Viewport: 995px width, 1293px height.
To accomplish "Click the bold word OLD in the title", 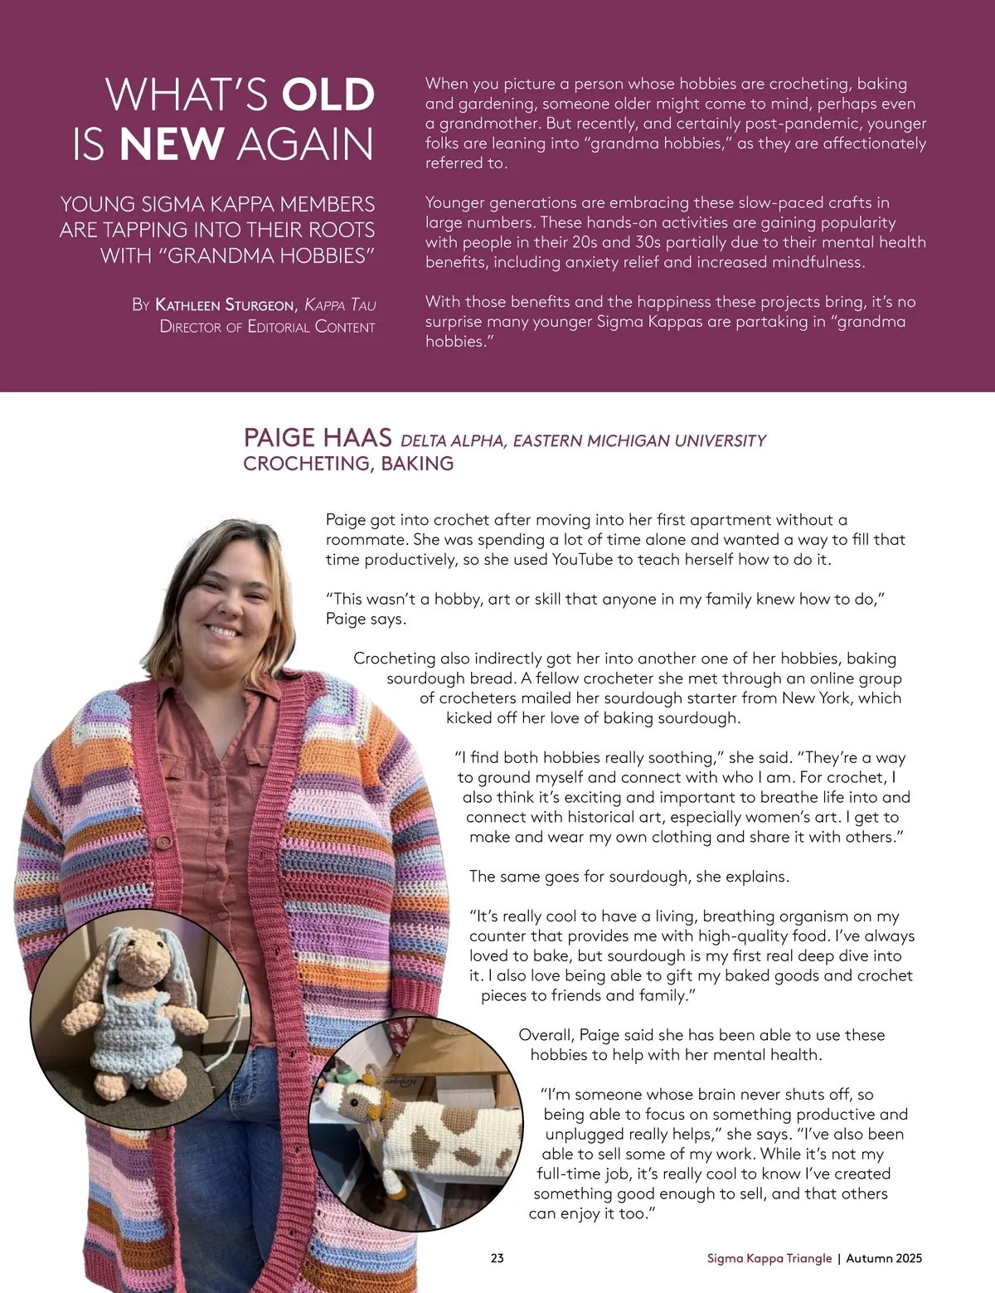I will (x=328, y=95).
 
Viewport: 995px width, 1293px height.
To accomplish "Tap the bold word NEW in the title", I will (x=172, y=144).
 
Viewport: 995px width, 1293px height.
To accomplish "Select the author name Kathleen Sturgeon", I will (x=225, y=304).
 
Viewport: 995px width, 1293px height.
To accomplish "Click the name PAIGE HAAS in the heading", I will (x=318, y=438).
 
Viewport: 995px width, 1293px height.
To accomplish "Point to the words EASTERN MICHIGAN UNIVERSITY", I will (x=639, y=440).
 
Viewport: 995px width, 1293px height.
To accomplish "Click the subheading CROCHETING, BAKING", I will (x=348, y=464).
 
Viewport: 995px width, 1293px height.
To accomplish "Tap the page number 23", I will (x=498, y=1258).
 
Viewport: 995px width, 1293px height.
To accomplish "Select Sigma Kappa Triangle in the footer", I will (x=769, y=1258).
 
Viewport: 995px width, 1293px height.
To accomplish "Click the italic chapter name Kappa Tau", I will (x=340, y=304).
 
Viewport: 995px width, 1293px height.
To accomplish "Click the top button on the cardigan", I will (x=164, y=843).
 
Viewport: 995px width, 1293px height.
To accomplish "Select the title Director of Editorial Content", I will (x=267, y=327).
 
